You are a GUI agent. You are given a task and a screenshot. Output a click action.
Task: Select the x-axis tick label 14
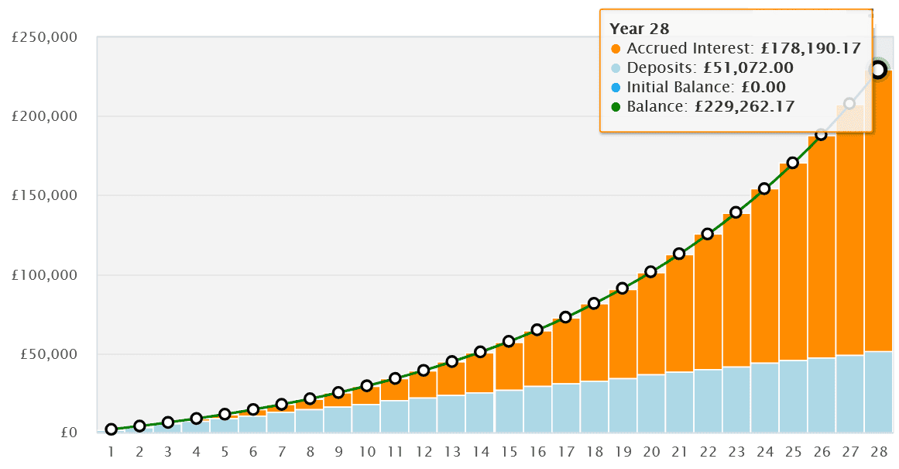[481, 451]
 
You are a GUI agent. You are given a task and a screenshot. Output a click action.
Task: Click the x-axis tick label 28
[878, 451]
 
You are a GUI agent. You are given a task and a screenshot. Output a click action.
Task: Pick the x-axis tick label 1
[112, 451]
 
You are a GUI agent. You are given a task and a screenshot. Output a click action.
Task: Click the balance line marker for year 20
[651, 272]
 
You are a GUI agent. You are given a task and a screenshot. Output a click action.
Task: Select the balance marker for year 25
[793, 163]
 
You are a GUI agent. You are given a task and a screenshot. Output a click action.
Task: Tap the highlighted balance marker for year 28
[878, 70]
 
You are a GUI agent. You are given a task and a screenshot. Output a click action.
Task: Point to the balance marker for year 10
[367, 385]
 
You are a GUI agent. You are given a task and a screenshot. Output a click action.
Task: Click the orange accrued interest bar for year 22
[708, 302]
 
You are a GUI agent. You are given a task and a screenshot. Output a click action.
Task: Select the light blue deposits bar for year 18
[594, 407]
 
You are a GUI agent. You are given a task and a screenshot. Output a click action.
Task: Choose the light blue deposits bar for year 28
[878, 391]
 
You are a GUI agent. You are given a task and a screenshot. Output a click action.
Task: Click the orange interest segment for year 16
[537, 359]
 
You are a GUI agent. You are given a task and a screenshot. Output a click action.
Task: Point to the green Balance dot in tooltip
[616, 106]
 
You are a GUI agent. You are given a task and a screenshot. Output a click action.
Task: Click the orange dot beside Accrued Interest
[616, 48]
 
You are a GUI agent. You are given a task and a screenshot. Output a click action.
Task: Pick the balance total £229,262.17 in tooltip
[744, 106]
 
